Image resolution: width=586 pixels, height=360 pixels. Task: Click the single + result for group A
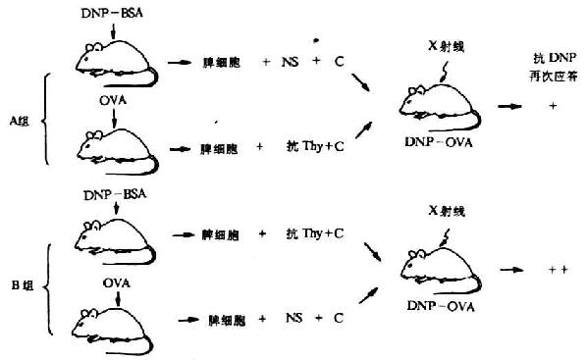tap(553, 104)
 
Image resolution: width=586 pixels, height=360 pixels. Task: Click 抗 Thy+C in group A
tap(317, 148)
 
